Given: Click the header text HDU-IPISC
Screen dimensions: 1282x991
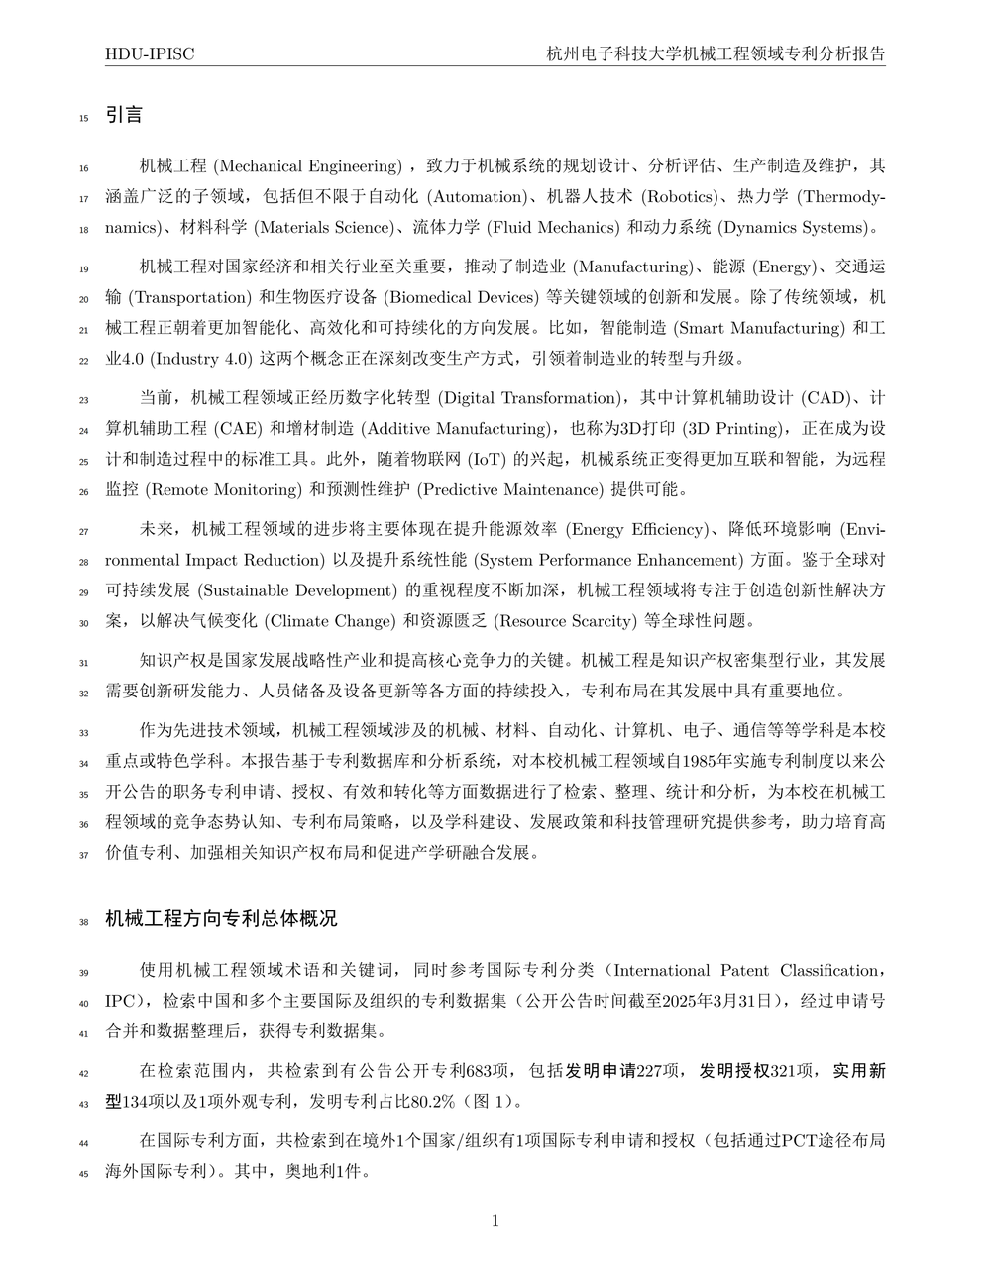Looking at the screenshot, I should tap(150, 53).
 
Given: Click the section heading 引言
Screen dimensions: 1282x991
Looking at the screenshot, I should tap(124, 115).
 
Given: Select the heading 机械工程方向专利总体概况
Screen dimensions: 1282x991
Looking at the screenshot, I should tap(221, 918).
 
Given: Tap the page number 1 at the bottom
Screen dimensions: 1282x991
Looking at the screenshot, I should tap(495, 1220).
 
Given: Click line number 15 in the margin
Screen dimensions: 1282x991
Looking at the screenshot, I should tap(83, 119).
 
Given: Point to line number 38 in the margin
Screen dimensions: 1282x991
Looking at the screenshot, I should tap(83, 922).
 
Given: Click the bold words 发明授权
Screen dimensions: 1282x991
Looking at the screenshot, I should tap(734, 1070).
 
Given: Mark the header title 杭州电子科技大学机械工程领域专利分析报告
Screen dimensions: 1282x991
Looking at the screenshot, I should tap(716, 53).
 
